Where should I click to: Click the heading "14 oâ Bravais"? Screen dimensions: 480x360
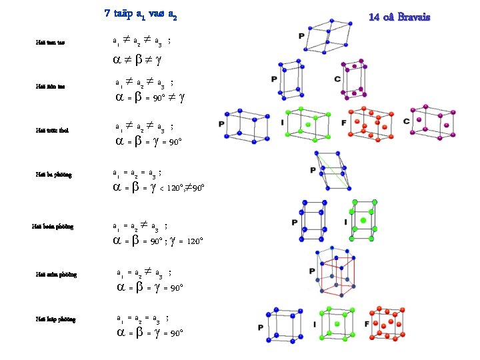coord(399,16)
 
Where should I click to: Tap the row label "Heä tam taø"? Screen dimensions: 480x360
coord(50,43)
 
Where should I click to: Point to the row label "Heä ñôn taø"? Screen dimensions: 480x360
coord(50,86)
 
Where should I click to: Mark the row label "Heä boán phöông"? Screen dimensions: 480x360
coord(53,227)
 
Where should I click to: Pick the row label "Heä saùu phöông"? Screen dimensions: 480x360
coord(56,274)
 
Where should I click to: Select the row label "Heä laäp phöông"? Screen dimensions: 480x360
coord(55,319)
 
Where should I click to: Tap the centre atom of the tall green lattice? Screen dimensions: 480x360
coord(364,220)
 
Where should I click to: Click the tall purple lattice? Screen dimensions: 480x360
coord(353,77)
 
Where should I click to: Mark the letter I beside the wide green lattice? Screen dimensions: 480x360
coord(282,124)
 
